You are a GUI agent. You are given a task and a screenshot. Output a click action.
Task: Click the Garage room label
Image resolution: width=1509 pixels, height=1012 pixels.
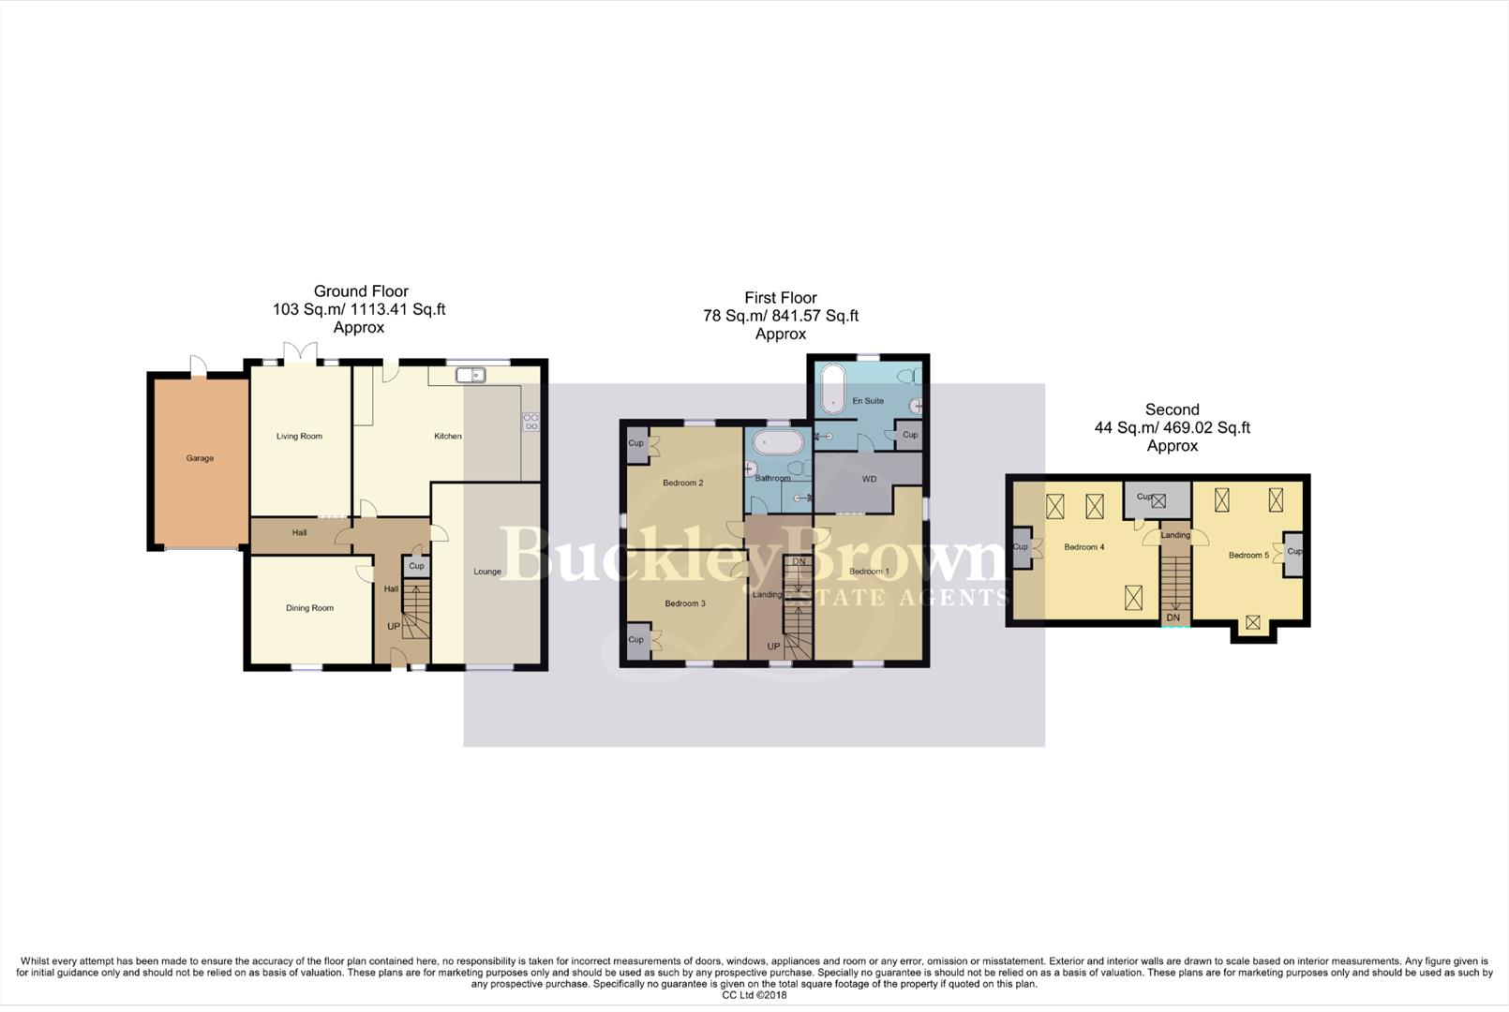[200, 458]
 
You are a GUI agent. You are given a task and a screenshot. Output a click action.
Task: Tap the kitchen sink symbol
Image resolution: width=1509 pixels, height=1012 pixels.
[471, 375]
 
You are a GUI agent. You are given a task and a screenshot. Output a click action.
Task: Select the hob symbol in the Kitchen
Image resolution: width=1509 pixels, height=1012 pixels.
[530, 422]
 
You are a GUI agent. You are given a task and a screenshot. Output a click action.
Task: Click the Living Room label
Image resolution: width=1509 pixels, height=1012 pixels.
[299, 436]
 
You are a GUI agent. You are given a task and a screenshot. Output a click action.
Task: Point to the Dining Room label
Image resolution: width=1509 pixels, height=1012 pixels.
[309, 608]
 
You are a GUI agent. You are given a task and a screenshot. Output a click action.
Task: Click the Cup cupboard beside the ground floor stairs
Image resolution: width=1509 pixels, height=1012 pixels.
[416, 566]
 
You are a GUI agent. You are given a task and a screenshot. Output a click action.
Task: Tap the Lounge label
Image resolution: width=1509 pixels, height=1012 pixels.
[486, 572]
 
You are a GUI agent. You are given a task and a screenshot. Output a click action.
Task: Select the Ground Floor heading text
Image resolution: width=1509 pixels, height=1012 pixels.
[361, 291]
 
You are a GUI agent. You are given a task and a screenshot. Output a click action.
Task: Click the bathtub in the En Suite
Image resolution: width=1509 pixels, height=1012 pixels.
[832, 391]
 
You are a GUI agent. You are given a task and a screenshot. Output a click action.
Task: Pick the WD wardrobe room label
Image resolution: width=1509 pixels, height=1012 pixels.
[869, 479]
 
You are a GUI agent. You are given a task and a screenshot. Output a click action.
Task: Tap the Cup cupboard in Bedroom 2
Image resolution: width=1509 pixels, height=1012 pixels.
[636, 443]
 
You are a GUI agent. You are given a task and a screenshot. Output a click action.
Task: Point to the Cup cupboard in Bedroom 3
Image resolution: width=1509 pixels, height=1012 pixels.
[636, 640]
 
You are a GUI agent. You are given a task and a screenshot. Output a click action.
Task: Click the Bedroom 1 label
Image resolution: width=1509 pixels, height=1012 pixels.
[869, 572]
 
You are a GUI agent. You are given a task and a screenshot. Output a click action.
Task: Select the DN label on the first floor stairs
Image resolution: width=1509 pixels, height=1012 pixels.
[799, 562]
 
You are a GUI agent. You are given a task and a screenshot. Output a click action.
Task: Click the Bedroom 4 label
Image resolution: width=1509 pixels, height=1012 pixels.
[1083, 547]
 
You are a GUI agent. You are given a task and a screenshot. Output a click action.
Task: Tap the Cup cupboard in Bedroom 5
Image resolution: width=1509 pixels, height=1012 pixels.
[1293, 551]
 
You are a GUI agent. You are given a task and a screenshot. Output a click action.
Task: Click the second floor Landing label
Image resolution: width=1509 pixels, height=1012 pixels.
[1175, 535]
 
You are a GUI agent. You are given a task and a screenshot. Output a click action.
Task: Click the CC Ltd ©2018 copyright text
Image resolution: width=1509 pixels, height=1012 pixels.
[754, 995]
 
